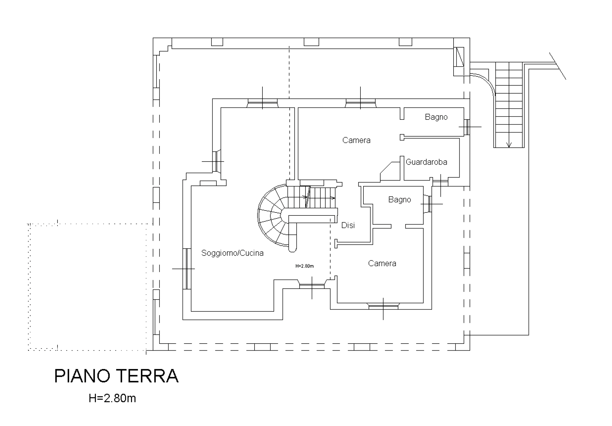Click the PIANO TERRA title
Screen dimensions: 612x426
click(x=117, y=376)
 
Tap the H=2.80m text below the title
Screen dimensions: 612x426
click(x=112, y=398)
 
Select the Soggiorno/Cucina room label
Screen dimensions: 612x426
click(x=232, y=253)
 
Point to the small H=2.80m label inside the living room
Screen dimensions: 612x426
click(x=305, y=266)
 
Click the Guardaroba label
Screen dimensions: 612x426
click(x=426, y=162)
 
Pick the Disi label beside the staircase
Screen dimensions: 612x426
click(x=348, y=225)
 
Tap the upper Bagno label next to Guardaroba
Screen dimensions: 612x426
click(x=436, y=117)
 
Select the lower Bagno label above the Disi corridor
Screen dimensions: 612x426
click(x=399, y=200)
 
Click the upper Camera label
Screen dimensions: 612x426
click(x=356, y=140)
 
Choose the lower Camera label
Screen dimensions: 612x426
click(x=382, y=263)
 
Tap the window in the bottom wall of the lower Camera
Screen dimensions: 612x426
click(x=383, y=307)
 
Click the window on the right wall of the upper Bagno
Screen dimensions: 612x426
click(x=467, y=127)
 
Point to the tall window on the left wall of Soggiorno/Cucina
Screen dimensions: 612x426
click(x=187, y=269)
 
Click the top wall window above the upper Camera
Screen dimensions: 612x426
click(x=361, y=103)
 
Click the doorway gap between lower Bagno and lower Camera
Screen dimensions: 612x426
click(x=398, y=226)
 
